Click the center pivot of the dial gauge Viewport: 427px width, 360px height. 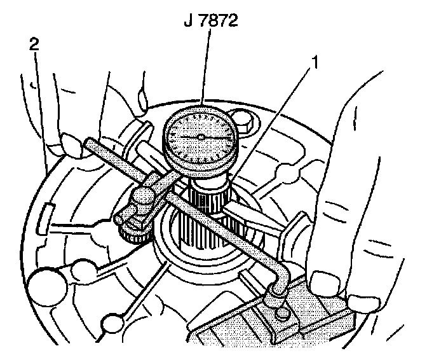coord(200,137)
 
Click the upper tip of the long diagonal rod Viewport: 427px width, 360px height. coord(90,148)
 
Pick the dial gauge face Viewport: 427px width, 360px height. coord(200,137)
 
